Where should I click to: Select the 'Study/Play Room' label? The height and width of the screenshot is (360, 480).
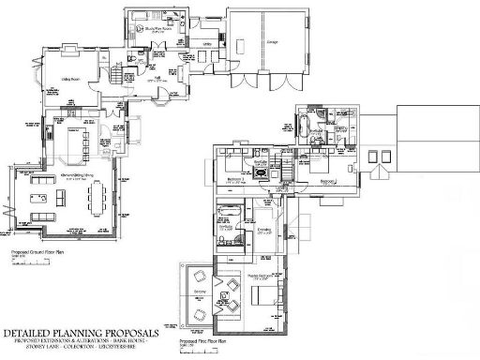[x=148, y=15]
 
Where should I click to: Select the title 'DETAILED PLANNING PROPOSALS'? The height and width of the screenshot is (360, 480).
[x=80, y=333]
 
